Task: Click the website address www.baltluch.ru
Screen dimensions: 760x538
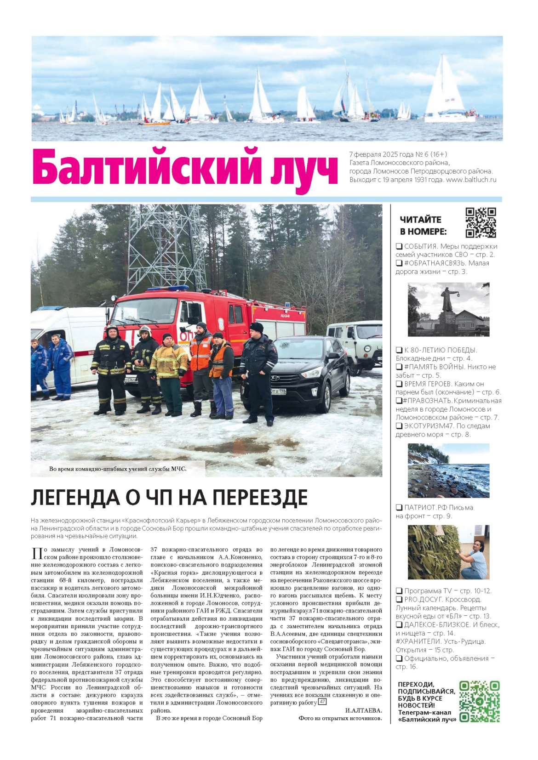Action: tap(471, 180)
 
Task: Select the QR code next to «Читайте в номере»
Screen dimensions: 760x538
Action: tap(481, 223)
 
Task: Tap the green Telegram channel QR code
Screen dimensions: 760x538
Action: tap(480, 701)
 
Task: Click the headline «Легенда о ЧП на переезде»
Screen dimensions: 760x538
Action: tap(169, 498)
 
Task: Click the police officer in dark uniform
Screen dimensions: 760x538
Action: tap(258, 372)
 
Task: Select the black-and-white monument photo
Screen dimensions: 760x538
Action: tap(448, 309)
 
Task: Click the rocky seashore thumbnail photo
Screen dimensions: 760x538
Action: tap(448, 471)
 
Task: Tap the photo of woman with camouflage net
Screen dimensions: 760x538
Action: tap(448, 552)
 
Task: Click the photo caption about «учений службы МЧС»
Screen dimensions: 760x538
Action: tap(118, 469)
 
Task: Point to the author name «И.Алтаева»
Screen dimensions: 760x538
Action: tap(363, 710)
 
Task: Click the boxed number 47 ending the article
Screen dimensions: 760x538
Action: tap(322, 702)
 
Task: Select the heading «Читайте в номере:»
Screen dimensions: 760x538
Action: tap(423, 225)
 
